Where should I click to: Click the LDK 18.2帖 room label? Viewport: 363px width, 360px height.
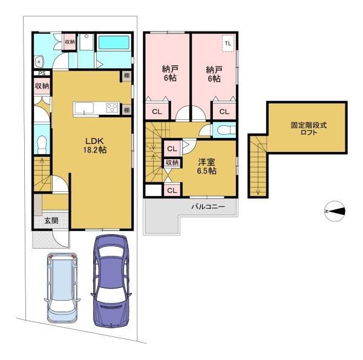tap(95, 145)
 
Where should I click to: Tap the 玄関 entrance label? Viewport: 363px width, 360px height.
tap(51, 220)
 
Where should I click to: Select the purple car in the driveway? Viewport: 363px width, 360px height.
tap(111, 281)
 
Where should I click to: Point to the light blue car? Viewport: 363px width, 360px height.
tap(62, 287)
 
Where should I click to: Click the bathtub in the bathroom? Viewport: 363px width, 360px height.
tap(114, 42)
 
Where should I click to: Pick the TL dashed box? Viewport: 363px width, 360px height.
tap(228, 44)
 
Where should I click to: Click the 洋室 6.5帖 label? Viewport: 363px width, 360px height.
tap(206, 166)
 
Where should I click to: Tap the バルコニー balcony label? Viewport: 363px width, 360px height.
tap(208, 206)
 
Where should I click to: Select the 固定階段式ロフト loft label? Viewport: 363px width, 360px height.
tap(309, 129)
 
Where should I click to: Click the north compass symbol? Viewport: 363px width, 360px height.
tap(335, 211)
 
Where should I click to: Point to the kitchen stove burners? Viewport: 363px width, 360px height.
tap(112, 108)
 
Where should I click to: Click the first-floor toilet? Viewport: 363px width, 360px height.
tap(42, 145)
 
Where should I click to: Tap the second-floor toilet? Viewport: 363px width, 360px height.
tap(226, 130)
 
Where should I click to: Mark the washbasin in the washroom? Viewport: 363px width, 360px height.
tap(39, 62)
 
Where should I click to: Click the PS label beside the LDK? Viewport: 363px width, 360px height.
tap(42, 73)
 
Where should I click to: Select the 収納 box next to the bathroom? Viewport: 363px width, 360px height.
tap(70, 42)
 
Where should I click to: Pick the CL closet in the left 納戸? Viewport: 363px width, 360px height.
tap(157, 111)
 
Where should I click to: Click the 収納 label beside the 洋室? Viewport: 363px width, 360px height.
tap(172, 163)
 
